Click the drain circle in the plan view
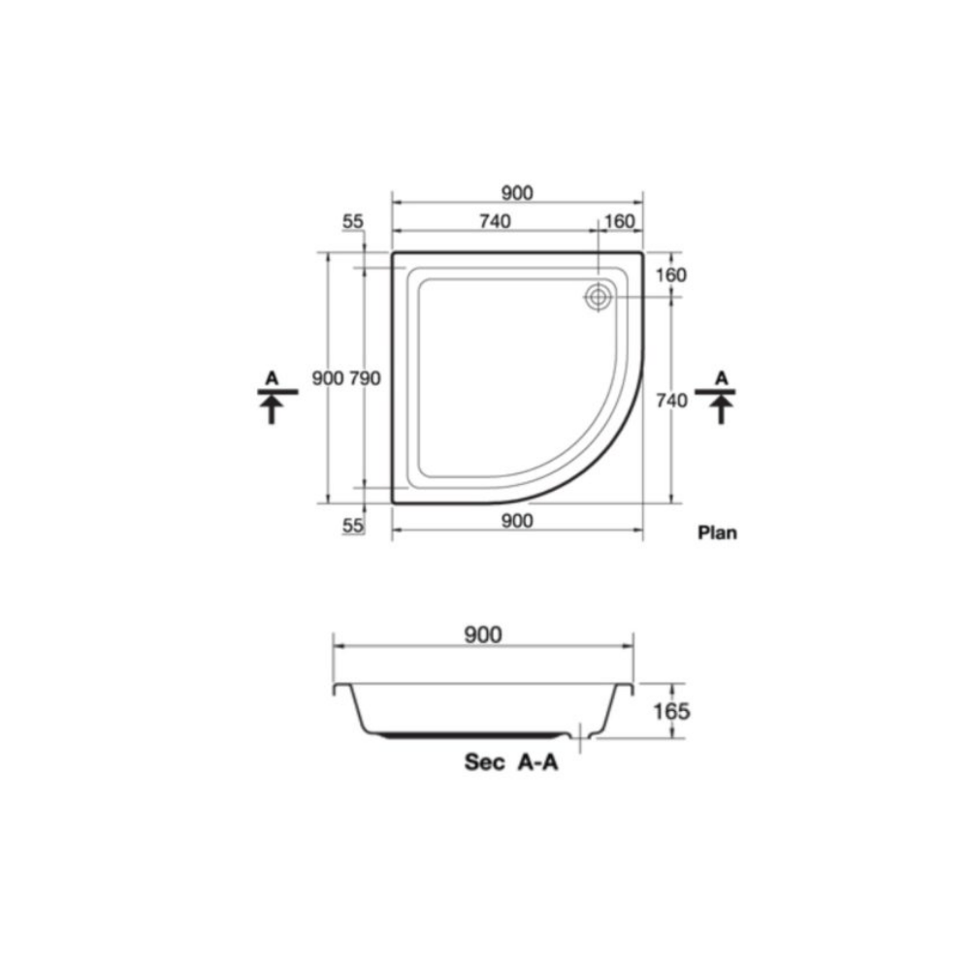click(x=598, y=297)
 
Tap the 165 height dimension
click(x=671, y=711)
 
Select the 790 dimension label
click(x=365, y=378)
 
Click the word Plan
click(x=717, y=533)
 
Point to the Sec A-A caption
click(x=511, y=762)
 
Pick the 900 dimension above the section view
click(x=483, y=634)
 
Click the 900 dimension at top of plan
click(x=517, y=193)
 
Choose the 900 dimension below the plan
click(x=517, y=521)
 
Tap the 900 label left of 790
click(x=327, y=378)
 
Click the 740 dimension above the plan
click(x=495, y=221)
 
